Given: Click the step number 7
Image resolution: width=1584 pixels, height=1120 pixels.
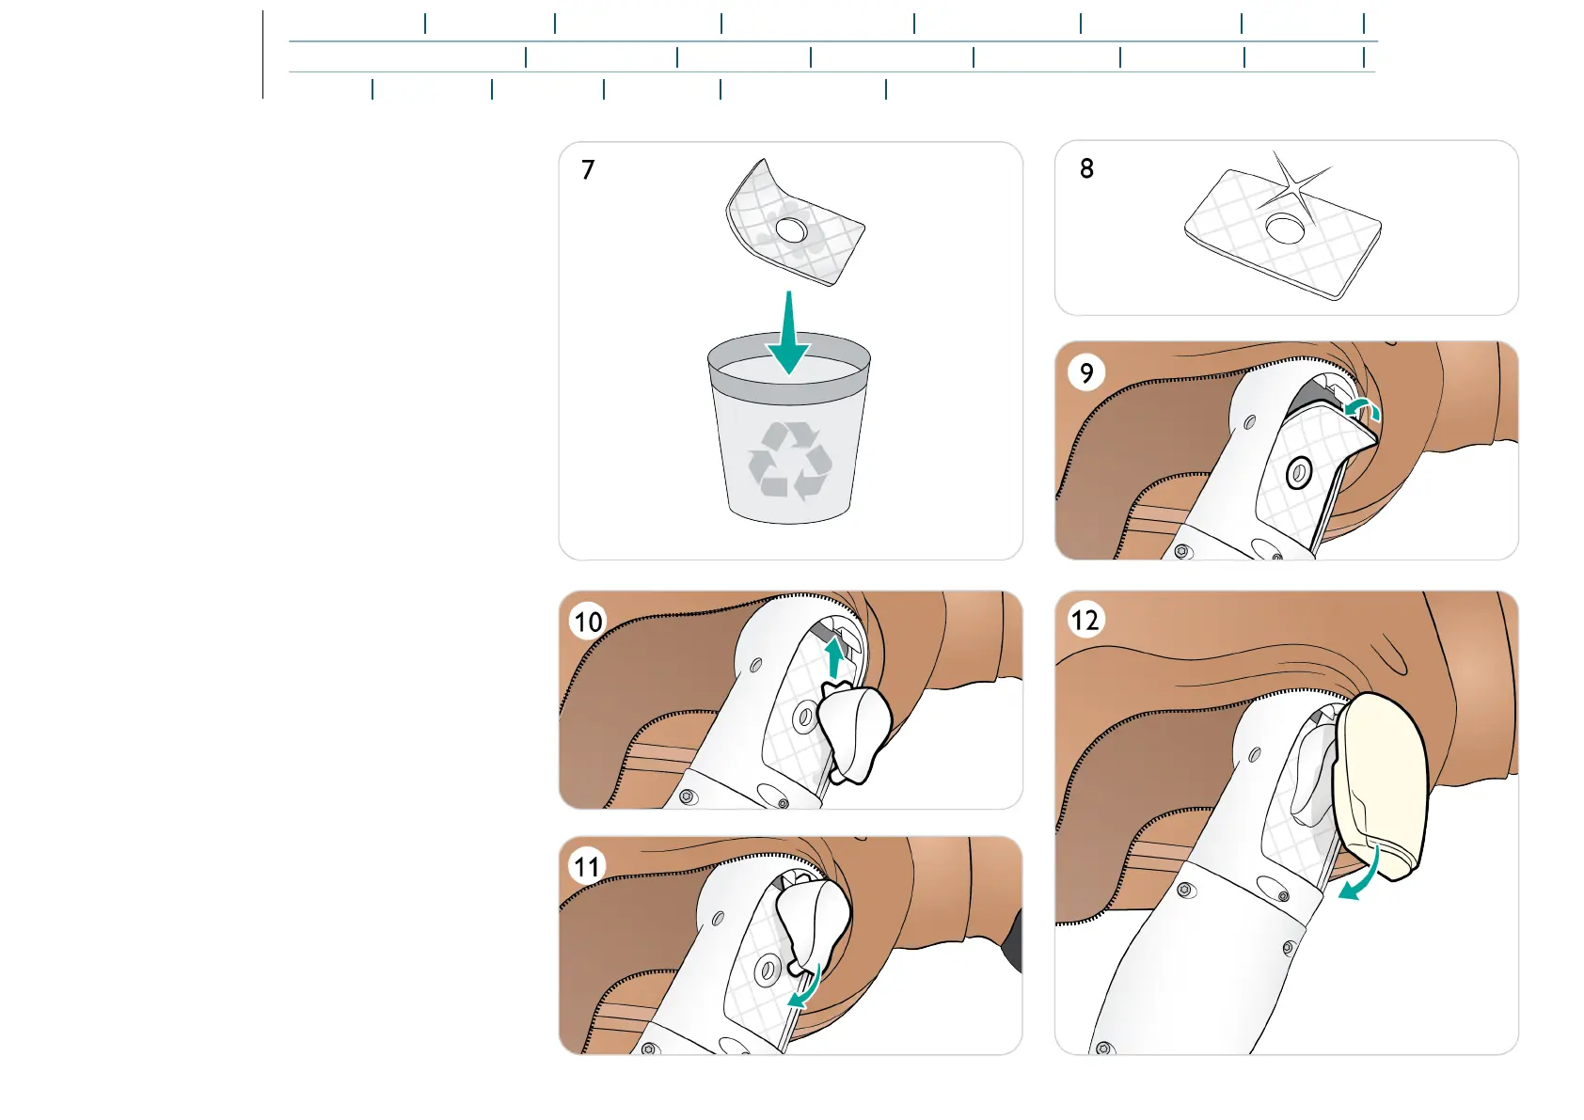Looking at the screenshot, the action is (588, 170).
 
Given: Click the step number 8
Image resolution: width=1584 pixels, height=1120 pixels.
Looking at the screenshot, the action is (1086, 169).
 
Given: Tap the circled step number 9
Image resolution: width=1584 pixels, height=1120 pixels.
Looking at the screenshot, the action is (1086, 373).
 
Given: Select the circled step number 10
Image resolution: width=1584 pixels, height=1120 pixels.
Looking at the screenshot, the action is (588, 622).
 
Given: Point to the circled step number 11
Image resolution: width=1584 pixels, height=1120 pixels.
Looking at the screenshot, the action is (588, 866).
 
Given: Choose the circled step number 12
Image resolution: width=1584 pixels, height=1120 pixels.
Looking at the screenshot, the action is (1085, 620).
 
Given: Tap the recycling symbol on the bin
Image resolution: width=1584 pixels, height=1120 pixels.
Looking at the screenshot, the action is (790, 460).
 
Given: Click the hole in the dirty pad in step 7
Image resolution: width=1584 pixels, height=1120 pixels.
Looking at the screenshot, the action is (791, 229).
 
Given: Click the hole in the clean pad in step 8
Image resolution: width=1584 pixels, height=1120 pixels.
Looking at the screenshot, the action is (1284, 228).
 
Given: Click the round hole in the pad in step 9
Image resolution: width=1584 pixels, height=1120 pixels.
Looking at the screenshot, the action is (1299, 473).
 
